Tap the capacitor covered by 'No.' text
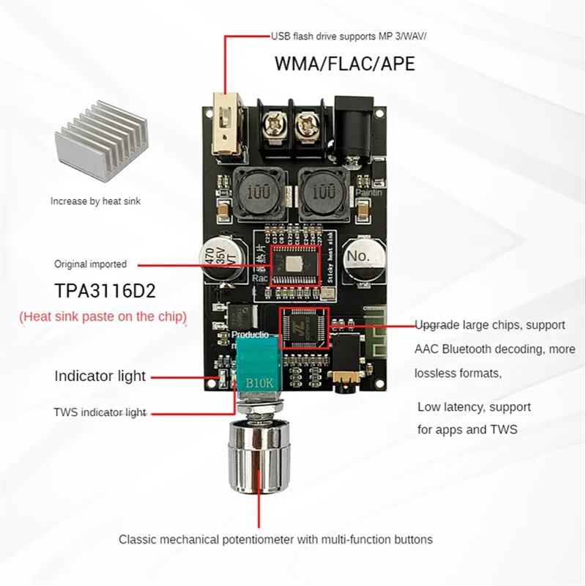pos(363,257)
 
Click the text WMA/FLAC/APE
pos(344,64)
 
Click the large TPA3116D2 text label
pos(105,291)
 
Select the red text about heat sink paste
pos(103,316)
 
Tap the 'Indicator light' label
pos(100,377)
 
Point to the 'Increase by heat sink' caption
pos(95,201)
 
